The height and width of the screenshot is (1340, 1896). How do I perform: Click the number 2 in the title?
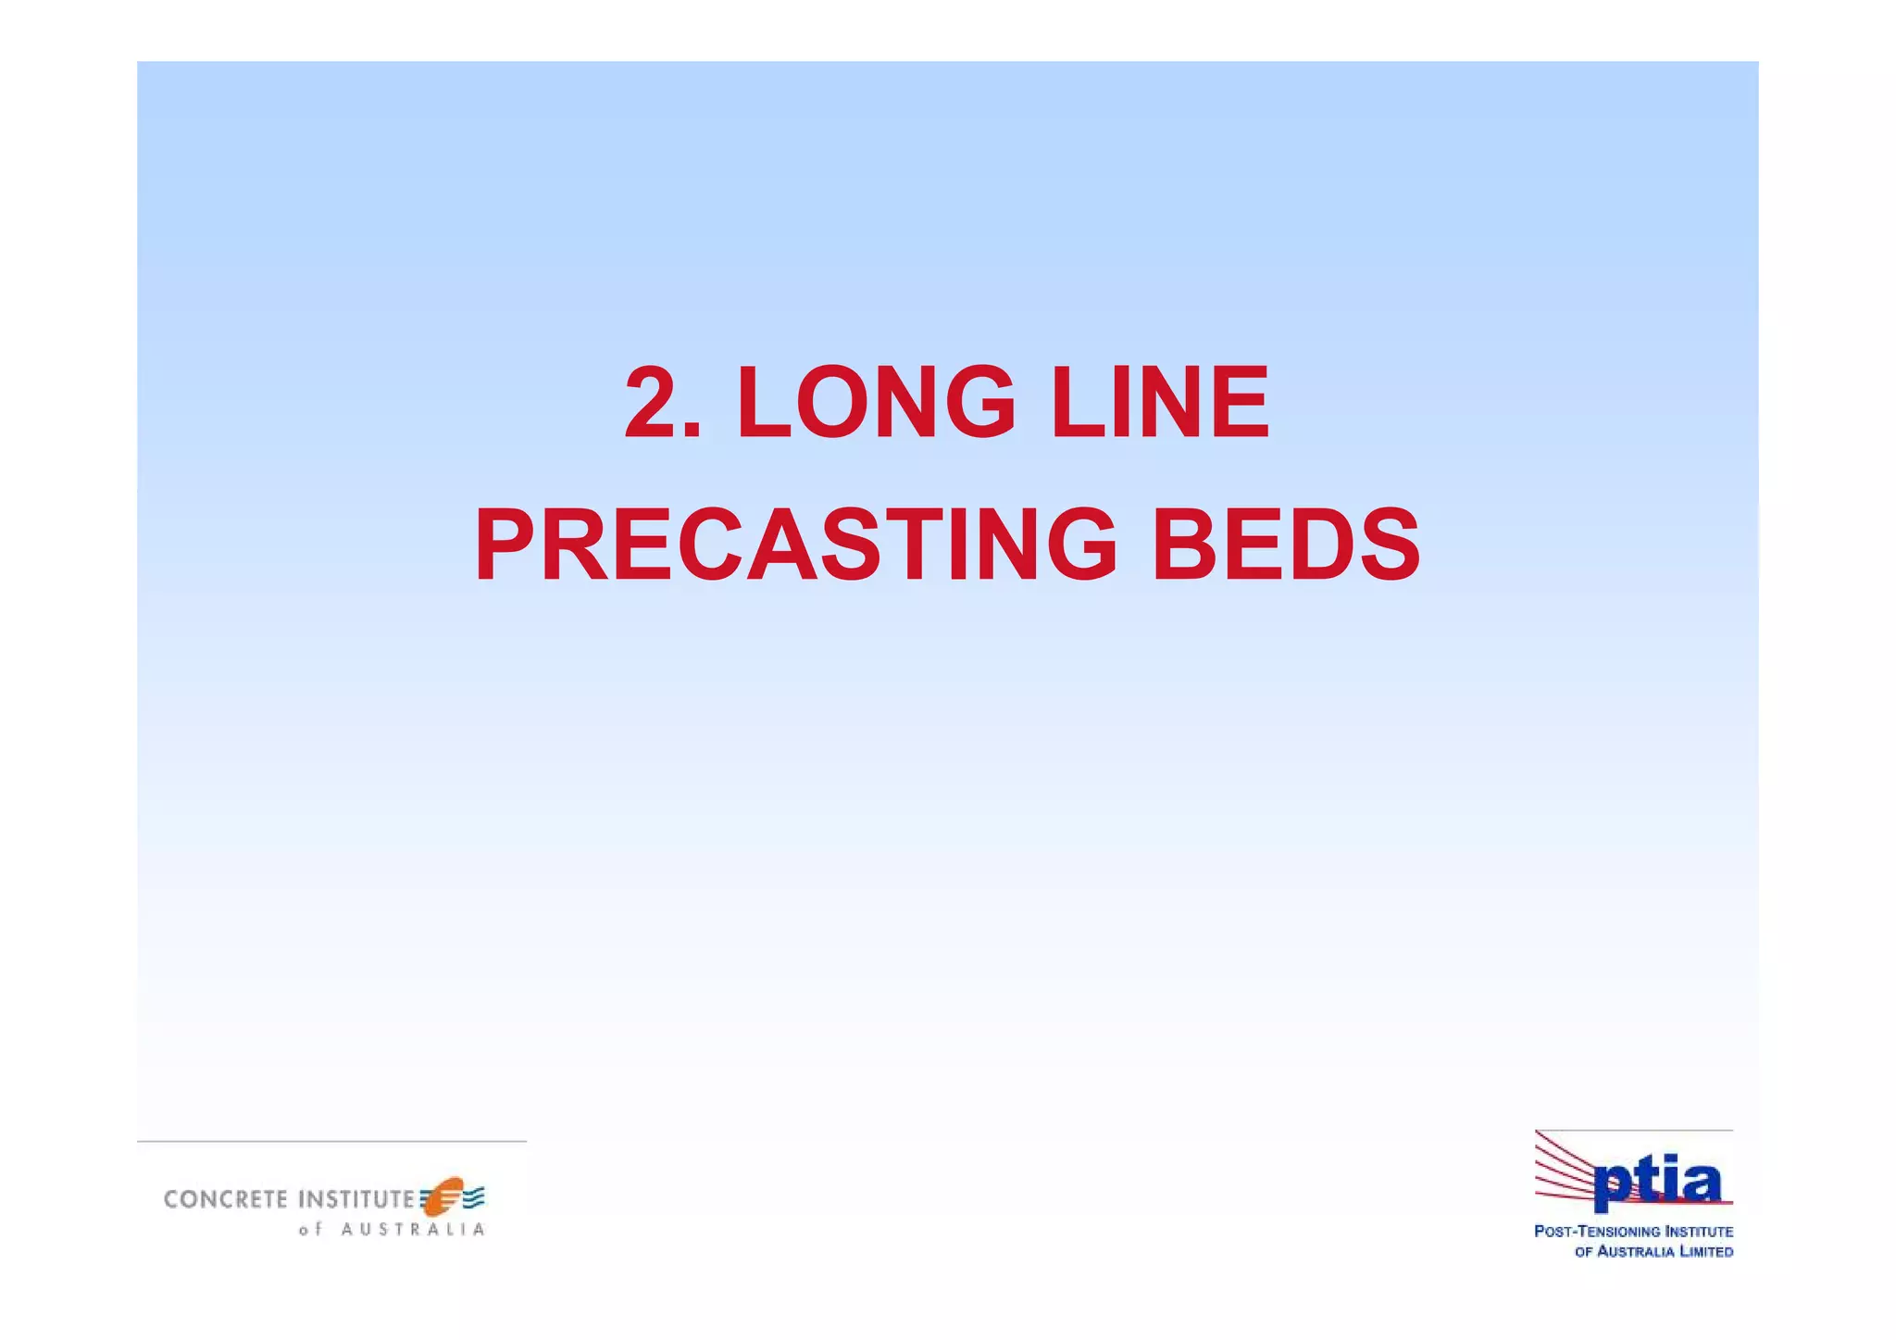pos(655,403)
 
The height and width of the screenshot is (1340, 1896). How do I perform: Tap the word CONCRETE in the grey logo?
pos(226,1199)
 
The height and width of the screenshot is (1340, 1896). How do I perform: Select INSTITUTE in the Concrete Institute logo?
pos(356,1199)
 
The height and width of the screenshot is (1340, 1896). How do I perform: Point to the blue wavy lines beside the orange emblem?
pos(474,1197)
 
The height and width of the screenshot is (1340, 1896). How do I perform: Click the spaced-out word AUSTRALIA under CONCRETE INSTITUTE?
pos(413,1230)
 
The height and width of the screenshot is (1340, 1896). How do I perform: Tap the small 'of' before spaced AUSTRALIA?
pos(309,1230)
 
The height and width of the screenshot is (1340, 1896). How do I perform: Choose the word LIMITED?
pos(1707,1252)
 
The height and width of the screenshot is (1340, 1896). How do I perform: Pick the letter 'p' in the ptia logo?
pos(1613,1186)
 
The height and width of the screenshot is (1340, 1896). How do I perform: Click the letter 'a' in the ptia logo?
pos(1699,1183)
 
